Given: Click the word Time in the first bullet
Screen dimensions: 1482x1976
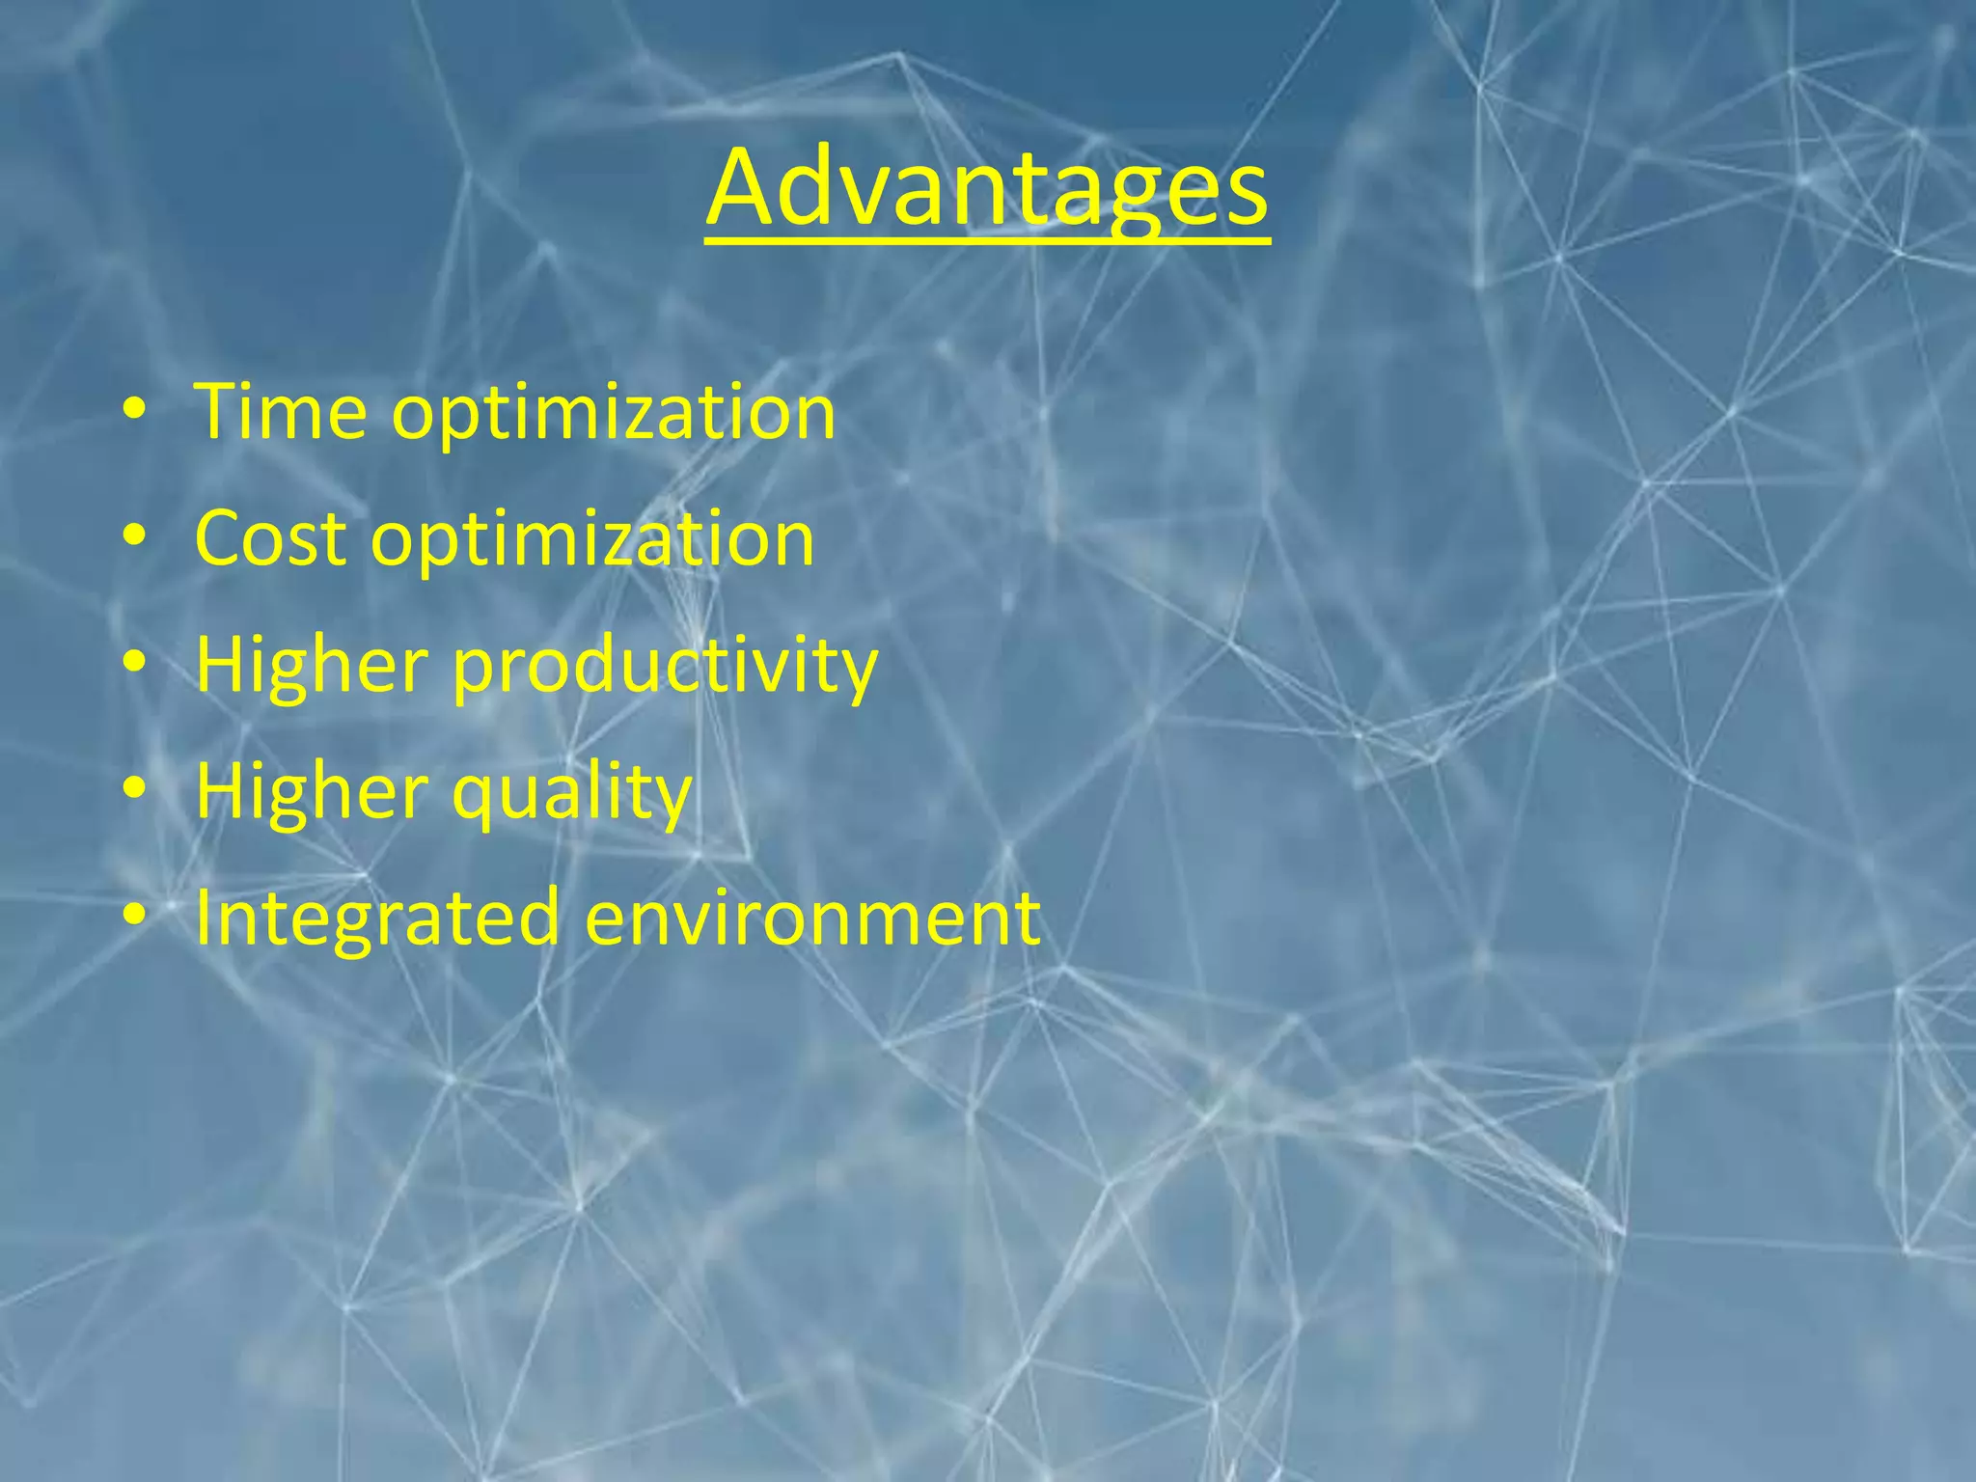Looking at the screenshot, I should coord(281,412).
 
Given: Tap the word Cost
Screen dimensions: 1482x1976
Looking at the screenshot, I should coord(270,538).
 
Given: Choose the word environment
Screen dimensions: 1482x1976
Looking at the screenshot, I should coord(812,918).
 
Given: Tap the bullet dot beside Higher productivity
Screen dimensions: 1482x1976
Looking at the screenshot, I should coord(134,665).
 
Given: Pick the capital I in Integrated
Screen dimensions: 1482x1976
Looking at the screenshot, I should coord(203,918).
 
